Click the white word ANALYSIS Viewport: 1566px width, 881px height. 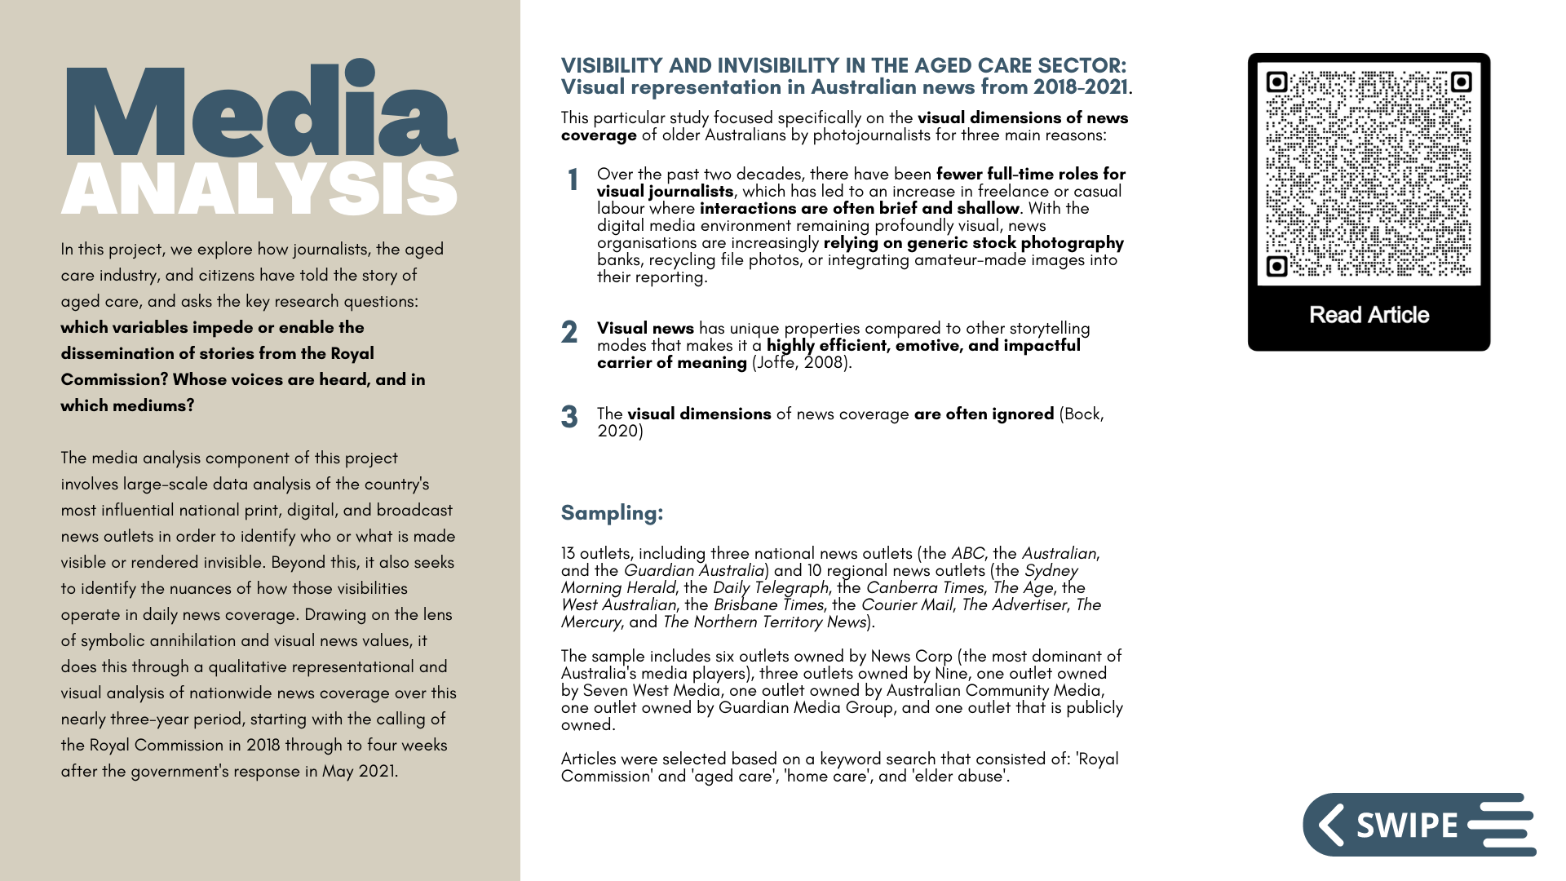pyautogui.click(x=259, y=188)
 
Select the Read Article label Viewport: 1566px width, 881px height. pyautogui.click(x=1369, y=315)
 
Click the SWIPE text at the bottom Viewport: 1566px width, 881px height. pyautogui.click(x=1407, y=826)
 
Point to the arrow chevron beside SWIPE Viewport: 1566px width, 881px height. pyautogui.click(x=1331, y=825)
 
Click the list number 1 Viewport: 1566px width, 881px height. pyautogui.click(x=573, y=180)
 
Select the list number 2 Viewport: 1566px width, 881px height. pyautogui.click(x=569, y=332)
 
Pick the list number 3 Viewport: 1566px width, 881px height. pyautogui.click(x=569, y=417)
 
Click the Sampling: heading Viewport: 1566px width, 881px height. pyautogui.click(x=612, y=513)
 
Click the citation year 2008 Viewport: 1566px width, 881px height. pyautogui.click(x=825, y=363)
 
